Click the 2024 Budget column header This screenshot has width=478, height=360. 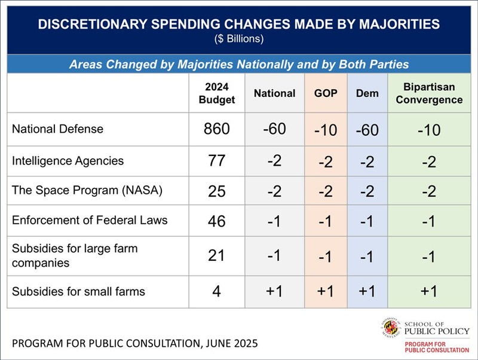pos(216,93)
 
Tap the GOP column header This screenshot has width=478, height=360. pos(326,93)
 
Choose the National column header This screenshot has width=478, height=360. pos(274,93)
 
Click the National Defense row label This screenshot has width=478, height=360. pos(58,129)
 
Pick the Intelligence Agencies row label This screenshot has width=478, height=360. pos(68,160)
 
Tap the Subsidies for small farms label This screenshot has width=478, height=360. pos(79,292)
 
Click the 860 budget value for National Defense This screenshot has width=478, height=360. pos(216,129)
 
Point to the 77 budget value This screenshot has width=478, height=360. pos(216,160)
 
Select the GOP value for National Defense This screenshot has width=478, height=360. pos(326,130)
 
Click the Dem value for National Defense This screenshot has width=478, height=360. pos(367,130)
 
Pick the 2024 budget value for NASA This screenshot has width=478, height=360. pos(216,191)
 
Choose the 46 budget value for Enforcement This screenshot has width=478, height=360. pos(216,221)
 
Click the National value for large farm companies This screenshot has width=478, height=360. pos(274,255)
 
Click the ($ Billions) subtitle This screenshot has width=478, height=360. pos(238,39)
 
